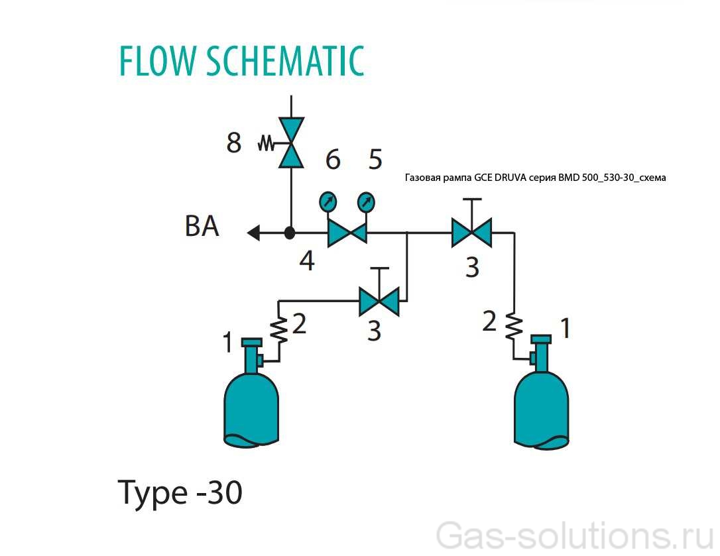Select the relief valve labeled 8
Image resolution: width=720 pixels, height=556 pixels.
click(x=290, y=142)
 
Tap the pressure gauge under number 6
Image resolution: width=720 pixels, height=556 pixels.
click(x=328, y=201)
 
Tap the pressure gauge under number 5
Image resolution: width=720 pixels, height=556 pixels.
click(x=365, y=201)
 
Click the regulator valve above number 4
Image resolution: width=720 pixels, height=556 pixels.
click(x=347, y=233)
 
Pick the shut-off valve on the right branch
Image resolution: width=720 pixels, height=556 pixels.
click(x=471, y=233)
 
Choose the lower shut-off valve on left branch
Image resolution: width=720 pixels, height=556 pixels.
click(x=379, y=302)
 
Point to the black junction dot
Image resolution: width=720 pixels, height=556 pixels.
click(x=290, y=233)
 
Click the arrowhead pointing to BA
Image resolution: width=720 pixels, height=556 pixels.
click(x=253, y=233)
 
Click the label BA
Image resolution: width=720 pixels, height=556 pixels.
click(x=202, y=227)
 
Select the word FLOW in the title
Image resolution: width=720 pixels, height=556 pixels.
click(x=157, y=61)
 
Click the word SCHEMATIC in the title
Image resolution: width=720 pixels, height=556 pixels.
click(x=285, y=61)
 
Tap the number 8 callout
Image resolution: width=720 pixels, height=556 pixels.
click(x=233, y=142)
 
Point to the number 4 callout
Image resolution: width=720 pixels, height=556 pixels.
click(x=306, y=261)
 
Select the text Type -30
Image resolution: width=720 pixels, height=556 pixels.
click(x=180, y=492)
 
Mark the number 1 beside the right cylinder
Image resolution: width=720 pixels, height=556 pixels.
click(x=565, y=327)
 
